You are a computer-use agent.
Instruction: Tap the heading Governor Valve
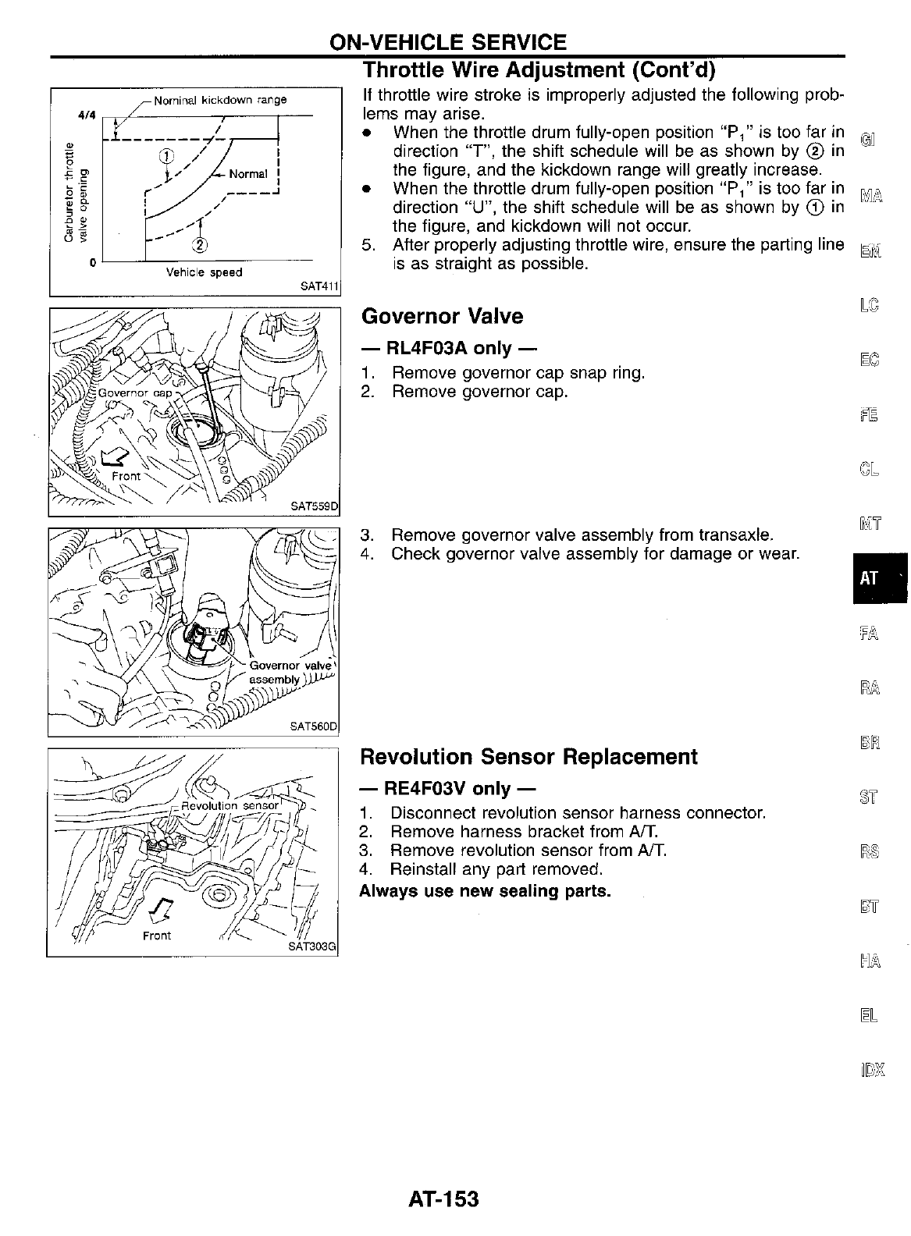(442, 316)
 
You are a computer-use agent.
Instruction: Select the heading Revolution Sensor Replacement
(528, 757)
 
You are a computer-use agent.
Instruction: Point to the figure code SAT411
(320, 286)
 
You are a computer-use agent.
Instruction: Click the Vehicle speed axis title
(204, 272)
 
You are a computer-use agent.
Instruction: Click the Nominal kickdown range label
(220, 100)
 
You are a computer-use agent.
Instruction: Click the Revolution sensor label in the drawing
(229, 805)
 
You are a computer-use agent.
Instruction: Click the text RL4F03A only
(448, 347)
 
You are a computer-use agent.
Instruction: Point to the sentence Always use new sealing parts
(485, 890)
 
